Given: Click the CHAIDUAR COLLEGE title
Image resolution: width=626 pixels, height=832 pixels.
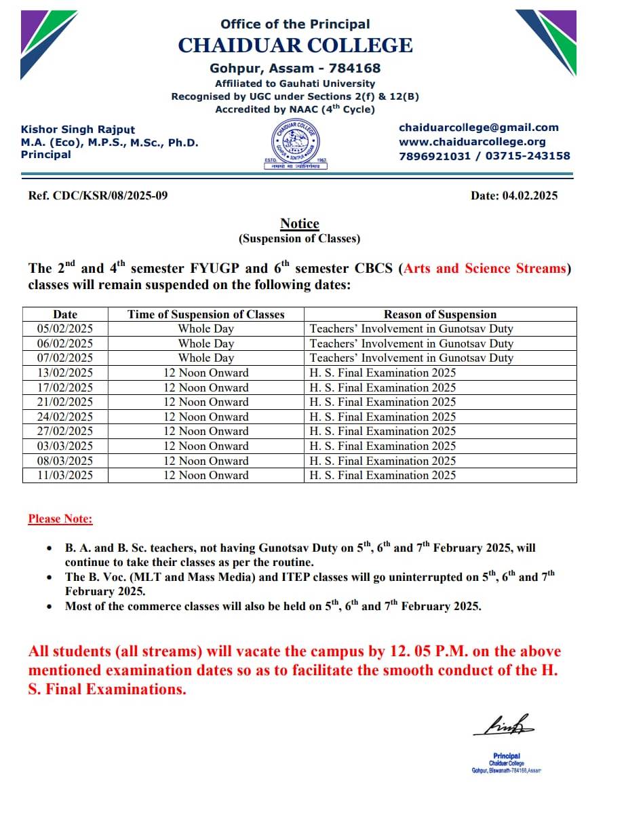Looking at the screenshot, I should point(295,45).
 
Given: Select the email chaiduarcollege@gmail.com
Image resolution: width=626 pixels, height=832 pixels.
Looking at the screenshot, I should point(479,128).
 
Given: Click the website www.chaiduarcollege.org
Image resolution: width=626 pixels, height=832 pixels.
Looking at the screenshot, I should point(472,142).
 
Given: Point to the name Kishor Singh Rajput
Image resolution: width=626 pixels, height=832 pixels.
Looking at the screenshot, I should point(78,130).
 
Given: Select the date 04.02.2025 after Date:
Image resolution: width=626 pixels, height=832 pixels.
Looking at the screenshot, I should point(530,196).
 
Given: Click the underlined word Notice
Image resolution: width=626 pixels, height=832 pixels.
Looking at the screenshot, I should point(299,224).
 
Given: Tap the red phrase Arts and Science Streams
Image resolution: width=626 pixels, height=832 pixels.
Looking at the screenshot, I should point(484,268).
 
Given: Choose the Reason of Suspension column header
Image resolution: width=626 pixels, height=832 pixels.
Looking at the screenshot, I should point(440,314).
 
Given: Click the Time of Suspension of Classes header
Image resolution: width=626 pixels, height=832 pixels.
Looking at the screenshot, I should point(206,314).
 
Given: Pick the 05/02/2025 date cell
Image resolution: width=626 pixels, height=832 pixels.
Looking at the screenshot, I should point(65,329).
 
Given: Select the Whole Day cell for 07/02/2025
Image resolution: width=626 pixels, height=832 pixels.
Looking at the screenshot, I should point(206,358).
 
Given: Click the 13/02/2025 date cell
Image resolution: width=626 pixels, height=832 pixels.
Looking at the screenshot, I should point(65,373).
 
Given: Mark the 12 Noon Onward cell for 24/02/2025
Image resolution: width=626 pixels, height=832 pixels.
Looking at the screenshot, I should point(206,417).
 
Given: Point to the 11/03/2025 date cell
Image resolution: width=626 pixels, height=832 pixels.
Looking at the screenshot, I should point(65,475).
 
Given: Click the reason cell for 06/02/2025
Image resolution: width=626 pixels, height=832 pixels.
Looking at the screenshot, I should point(411,343).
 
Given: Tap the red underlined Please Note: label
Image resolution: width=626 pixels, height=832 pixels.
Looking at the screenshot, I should point(60,519).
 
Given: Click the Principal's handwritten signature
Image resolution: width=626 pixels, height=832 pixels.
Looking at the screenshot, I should point(505,726).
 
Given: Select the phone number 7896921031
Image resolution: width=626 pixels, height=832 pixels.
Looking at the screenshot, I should point(434,156).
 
